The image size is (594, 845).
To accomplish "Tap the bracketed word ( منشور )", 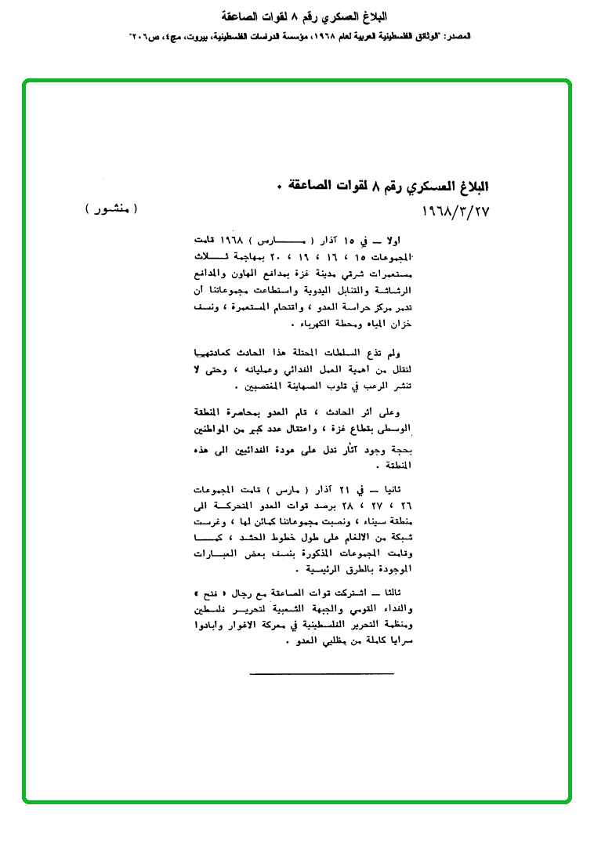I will click(x=110, y=209).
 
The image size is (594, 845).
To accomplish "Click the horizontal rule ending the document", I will click(x=322, y=673).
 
